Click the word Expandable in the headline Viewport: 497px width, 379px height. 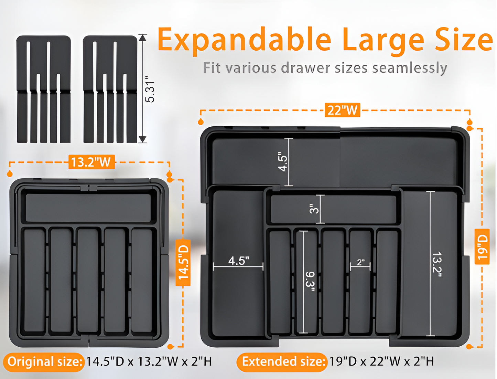244,41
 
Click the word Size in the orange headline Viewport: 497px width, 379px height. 464,40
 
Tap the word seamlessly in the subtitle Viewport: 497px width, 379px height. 409,68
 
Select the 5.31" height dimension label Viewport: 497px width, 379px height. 150,92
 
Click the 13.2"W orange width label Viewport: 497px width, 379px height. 91,162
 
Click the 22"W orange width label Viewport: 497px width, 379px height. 342,110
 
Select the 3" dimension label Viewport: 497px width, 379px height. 314,209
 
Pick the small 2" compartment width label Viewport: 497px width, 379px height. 360,262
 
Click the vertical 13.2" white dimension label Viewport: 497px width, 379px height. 437,264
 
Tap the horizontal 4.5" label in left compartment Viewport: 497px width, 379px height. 238,261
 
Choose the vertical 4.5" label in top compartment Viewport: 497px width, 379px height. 283,161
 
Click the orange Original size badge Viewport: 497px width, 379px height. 44,362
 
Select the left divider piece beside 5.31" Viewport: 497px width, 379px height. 44,89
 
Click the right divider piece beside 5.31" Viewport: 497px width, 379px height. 110,89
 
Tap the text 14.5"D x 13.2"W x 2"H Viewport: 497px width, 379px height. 149,362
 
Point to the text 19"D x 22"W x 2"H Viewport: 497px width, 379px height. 381,361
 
